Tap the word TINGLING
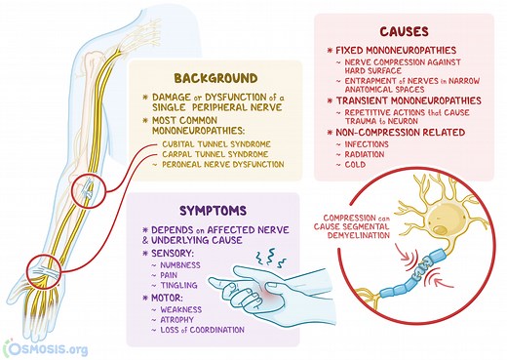[x=176, y=291]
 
